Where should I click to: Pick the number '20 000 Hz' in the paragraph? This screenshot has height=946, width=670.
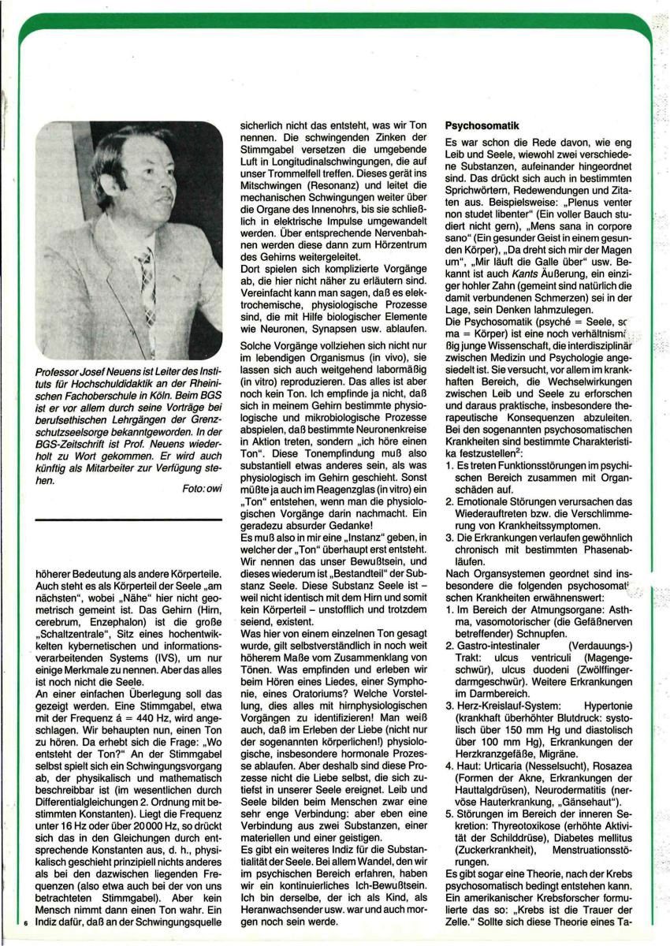(146, 820)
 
